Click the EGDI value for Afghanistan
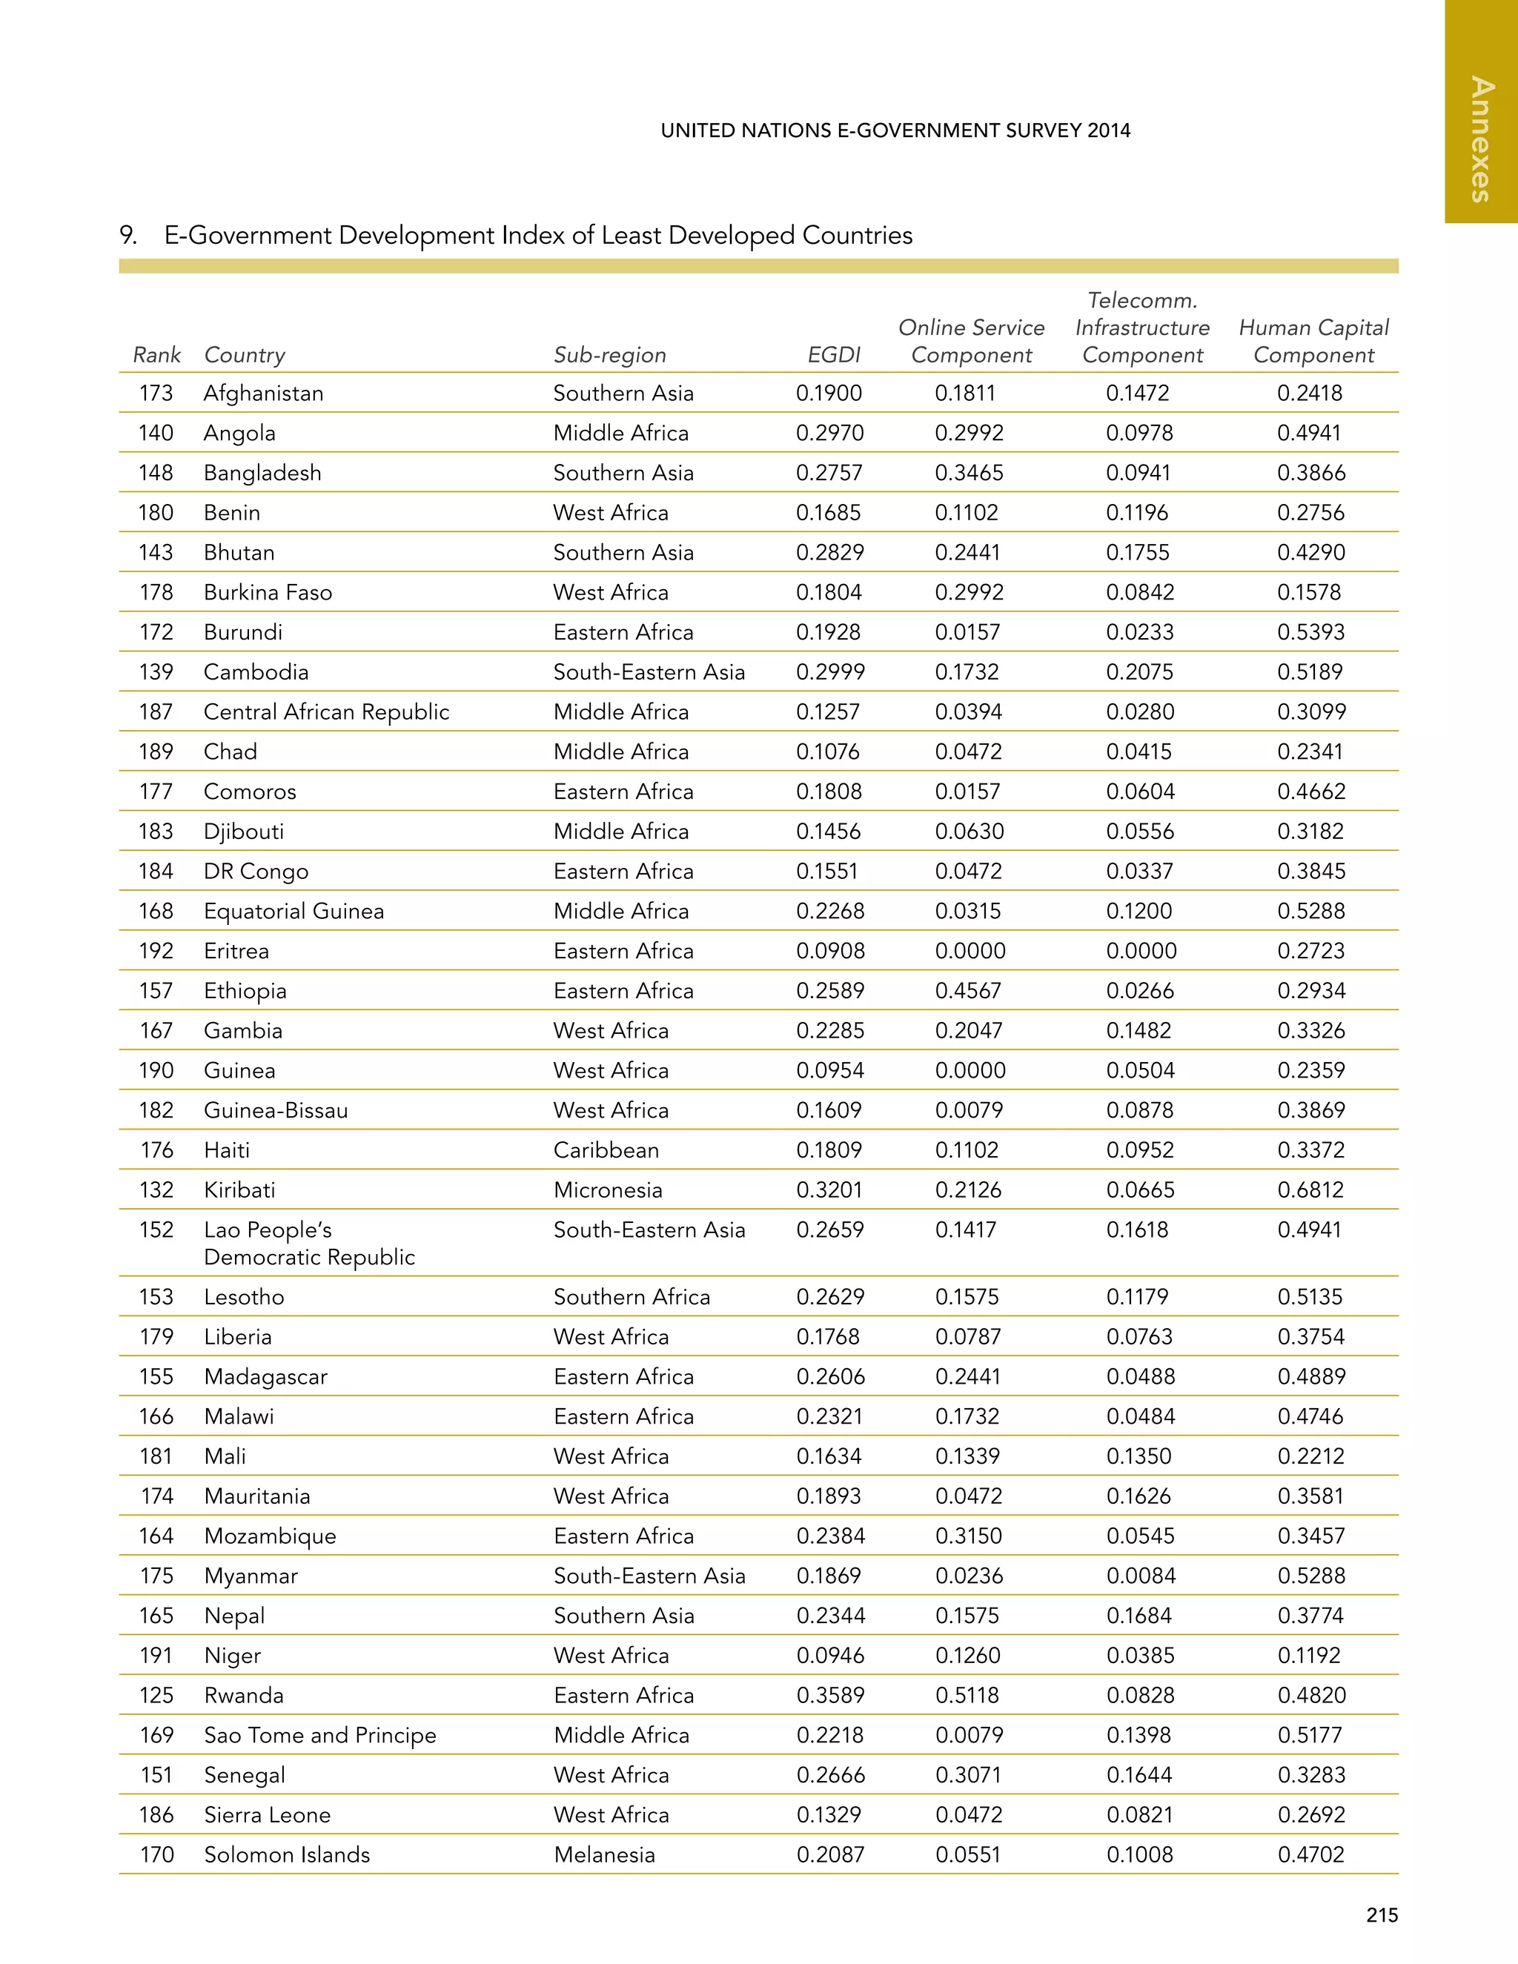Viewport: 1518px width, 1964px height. pyautogui.click(x=828, y=393)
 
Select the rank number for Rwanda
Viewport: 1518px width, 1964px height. pyautogui.click(x=156, y=1695)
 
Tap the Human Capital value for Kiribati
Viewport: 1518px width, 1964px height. pyautogui.click(x=1310, y=1190)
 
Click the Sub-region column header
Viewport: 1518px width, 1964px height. pyautogui.click(x=610, y=355)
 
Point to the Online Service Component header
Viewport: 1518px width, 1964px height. pyautogui.click(x=971, y=341)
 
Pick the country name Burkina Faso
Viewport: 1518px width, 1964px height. pyautogui.click(x=268, y=593)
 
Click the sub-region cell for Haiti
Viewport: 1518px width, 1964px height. pyautogui.click(x=606, y=1150)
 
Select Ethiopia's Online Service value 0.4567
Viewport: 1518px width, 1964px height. pyautogui.click(x=970, y=991)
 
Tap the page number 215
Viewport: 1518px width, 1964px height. pyautogui.click(x=1382, y=1915)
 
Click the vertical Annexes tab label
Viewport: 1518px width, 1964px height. pyautogui.click(x=1481, y=139)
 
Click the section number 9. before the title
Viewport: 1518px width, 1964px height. pyautogui.click(x=128, y=236)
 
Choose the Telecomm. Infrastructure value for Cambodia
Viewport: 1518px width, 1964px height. pyautogui.click(x=1139, y=671)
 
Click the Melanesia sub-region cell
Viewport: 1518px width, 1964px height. pyautogui.click(x=604, y=1854)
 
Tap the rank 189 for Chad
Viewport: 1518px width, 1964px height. pyautogui.click(x=156, y=752)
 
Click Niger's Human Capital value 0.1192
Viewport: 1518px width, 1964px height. pyautogui.click(x=1308, y=1656)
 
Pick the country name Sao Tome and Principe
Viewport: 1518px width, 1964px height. pyautogui.click(x=319, y=1735)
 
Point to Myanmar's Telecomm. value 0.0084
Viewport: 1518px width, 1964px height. pyautogui.click(x=1140, y=1576)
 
